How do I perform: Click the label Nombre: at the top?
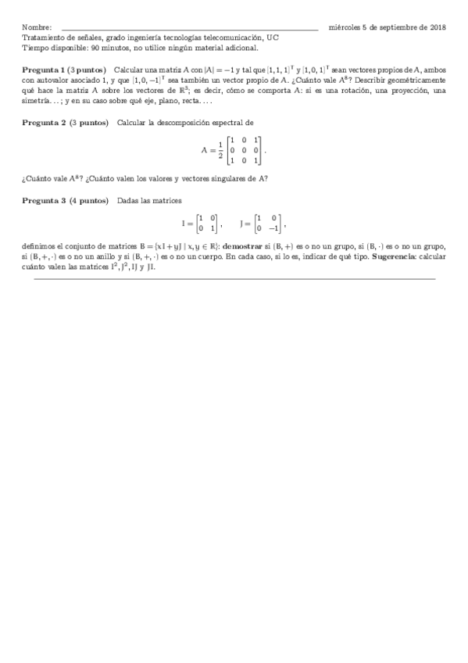pyautogui.click(x=37, y=27)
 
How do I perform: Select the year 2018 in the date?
pyautogui.click(x=437, y=27)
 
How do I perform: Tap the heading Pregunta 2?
pyautogui.click(x=44, y=123)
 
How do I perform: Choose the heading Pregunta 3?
pyautogui.click(x=44, y=201)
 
